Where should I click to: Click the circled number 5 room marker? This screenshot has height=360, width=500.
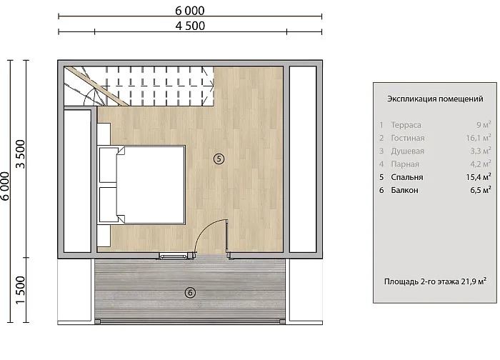click(x=219, y=159)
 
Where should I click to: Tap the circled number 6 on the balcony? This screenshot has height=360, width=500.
click(x=190, y=292)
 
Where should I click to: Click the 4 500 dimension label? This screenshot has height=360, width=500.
click(x=190, y=26)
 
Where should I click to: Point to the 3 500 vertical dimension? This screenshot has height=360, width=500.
click(x=20, y=154)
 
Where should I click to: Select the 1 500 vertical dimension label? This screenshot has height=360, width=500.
click(x=20, y=290)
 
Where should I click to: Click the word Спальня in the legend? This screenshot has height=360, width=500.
click(x=407, y=177)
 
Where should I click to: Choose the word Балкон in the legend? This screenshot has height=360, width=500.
click(x=404, y=191)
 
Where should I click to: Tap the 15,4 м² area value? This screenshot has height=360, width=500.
click(x=479, y=177)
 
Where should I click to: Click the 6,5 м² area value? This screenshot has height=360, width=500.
click(x=481, y=190)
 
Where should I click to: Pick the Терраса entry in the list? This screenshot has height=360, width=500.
click(x=406, y=125)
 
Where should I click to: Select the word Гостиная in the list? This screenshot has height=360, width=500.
click(x=408, y=138)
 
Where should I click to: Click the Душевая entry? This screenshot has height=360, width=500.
click(x=408, y=151)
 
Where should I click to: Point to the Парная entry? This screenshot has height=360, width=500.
click(x=405, y=164)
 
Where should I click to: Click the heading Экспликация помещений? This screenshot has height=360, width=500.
click(x=435, y=99)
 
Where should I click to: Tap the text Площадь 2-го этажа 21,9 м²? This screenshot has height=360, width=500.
click(x=435, y=281)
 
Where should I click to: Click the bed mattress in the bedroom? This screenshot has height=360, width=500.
click(x=151, y=185)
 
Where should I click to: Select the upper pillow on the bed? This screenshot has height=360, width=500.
click(x=109, y=165)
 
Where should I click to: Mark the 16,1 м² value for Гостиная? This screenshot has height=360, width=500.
click(x=479, y=138)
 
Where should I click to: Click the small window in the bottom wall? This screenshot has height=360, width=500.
click(x=173, y=256)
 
